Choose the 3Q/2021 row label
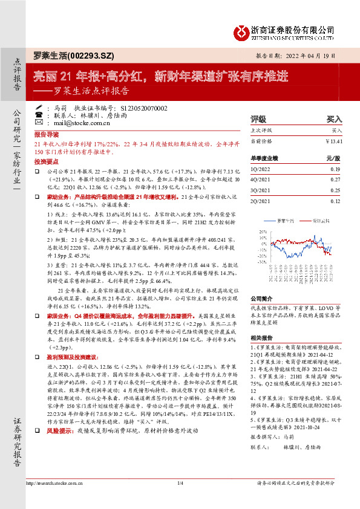262,190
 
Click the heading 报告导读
47,134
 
